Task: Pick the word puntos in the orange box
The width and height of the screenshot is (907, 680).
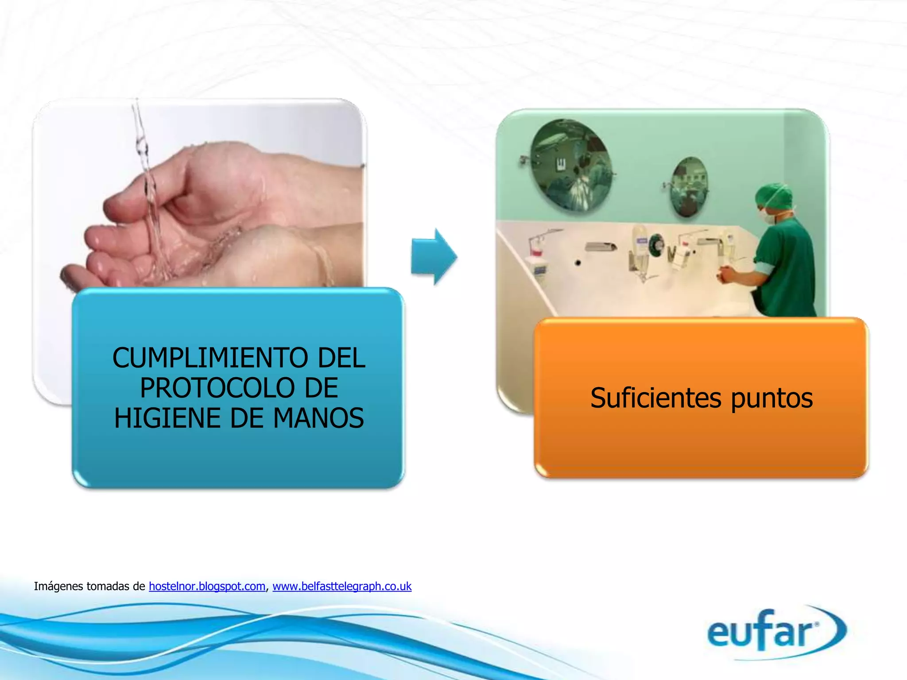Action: pyautogui.click(x=771, y=398)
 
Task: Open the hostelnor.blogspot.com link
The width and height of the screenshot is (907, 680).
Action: pyautogui.click(x=207, y=586)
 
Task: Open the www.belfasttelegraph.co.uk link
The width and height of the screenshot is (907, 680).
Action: pyautogui.click(x=342, y=586)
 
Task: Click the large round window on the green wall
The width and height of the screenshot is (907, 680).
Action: pyautogui.click(x=571, y=166)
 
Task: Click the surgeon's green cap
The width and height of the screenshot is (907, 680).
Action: pyautogui.click(x=774, y=197)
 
